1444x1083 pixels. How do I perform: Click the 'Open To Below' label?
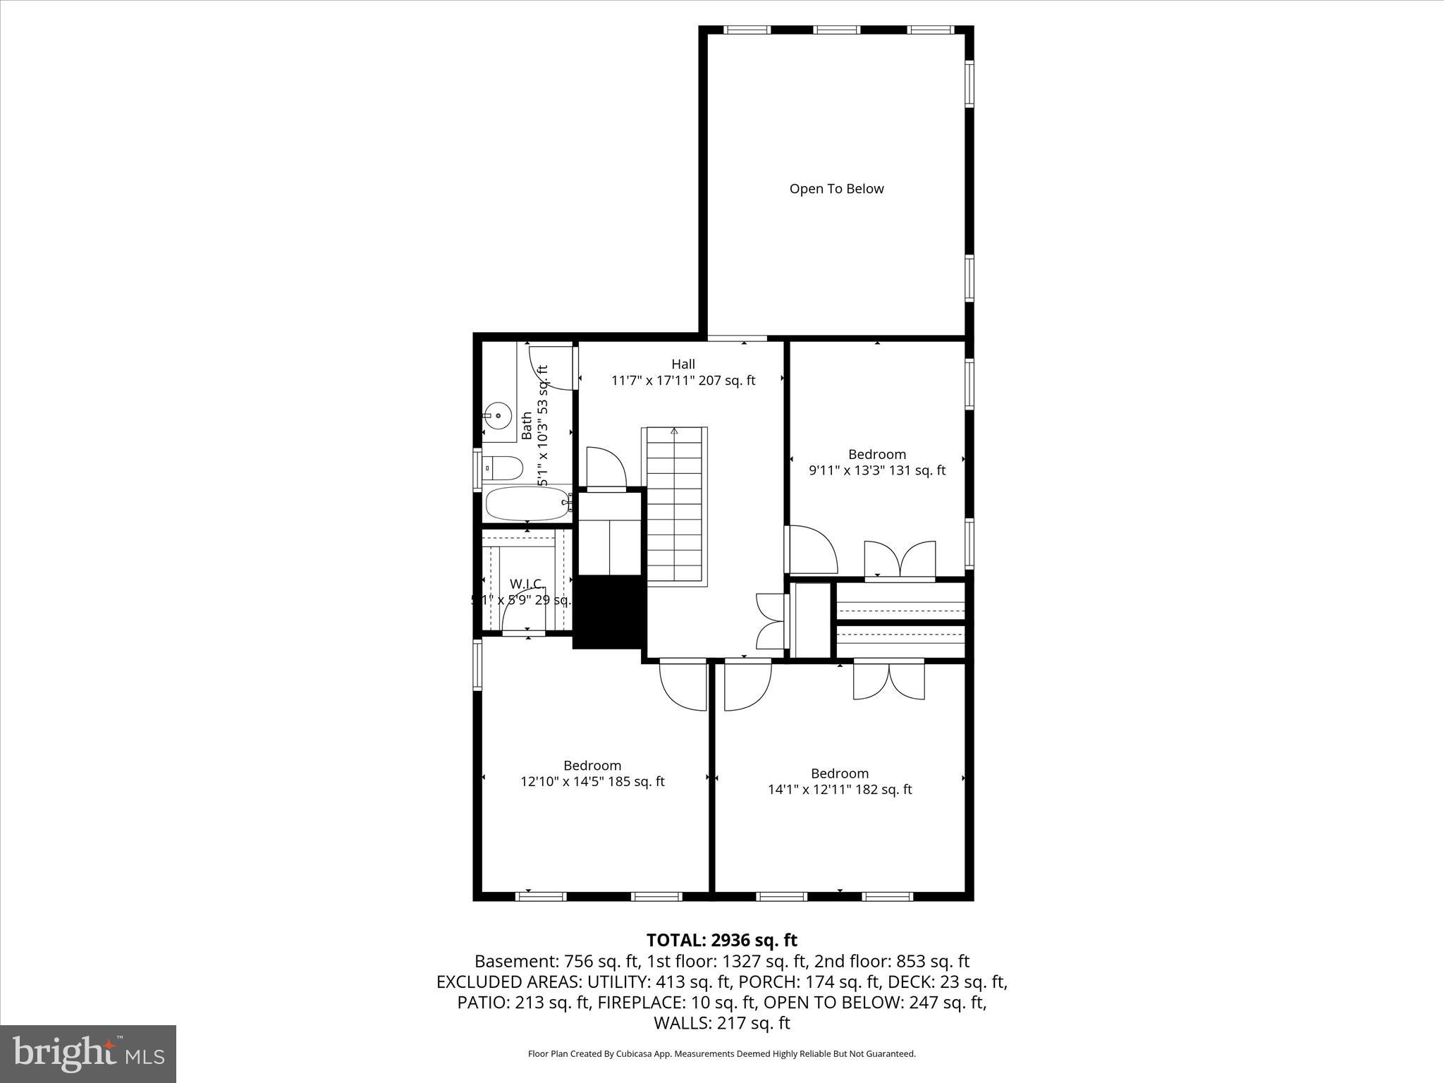[836, 188]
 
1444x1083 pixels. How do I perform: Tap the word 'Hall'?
[683, 364]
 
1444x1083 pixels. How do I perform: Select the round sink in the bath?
[498, 416]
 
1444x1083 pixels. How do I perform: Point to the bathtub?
[527, 503]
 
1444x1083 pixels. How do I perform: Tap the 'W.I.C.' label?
[527, 584]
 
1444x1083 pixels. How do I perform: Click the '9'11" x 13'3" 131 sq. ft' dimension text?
[876, 470]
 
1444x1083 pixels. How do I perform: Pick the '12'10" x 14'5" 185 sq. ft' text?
[592, 781]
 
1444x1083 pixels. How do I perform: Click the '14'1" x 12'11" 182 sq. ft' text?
[839, 790]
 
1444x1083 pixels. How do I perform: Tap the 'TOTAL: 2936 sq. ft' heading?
[721, 940]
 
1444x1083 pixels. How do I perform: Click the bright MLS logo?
[88, 1053]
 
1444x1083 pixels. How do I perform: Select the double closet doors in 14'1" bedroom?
[888, 680]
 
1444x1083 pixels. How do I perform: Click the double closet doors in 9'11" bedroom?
[900, 560]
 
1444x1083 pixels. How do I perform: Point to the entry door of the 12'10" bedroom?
[683, 684]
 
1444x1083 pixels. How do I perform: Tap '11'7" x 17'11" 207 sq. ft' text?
[683, 381]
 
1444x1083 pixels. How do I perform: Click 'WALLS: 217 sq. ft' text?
[721, 1023]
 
